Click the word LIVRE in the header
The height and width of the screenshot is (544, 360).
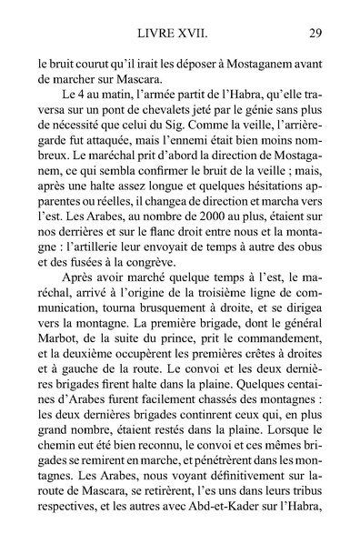(x=157, y=35)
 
